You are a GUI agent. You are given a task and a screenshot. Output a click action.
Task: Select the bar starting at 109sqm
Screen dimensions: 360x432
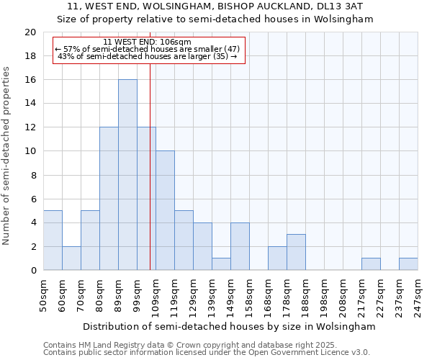tap(165, 210)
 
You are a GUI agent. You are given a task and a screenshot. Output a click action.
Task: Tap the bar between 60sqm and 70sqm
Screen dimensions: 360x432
tap(71, 258)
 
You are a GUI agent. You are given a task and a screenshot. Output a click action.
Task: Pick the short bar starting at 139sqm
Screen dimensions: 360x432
tap(221, 264)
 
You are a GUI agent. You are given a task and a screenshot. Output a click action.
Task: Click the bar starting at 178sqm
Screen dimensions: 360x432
tap(296, 252)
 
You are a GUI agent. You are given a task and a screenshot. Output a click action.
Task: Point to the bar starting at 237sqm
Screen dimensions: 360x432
tap(408, 264)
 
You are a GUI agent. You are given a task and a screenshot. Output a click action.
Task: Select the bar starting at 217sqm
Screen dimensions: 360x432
tap(371, 264)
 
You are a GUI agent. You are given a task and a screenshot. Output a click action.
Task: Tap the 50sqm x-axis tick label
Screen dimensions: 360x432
tap(44, 295)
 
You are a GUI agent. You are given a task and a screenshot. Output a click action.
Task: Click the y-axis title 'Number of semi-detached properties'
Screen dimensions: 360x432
tap(7, 156)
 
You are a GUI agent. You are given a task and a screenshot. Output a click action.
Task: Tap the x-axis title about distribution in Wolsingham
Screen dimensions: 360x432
tap(229, 326)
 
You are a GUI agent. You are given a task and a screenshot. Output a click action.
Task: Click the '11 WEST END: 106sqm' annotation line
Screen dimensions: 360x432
tap(147, 42)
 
